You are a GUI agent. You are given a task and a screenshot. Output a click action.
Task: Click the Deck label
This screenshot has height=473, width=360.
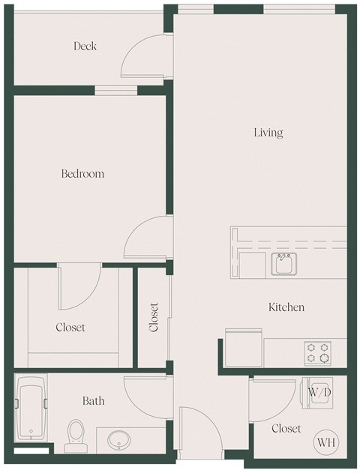[85, 46]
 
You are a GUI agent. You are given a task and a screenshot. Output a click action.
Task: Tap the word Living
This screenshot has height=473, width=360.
[268, 133]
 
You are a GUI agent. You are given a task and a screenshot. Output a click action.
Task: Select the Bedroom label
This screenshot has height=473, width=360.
[82, 174]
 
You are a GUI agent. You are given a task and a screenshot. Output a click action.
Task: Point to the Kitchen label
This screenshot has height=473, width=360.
[286, 307]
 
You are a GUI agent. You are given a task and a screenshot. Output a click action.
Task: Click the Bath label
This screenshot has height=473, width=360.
[94, 401]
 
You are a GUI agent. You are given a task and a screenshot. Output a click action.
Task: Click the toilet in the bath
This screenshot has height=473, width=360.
[76, 433]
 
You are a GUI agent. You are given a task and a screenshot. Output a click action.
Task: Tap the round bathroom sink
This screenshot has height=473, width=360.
[118, 439]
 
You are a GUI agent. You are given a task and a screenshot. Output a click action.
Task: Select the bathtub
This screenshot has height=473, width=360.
[31, 412]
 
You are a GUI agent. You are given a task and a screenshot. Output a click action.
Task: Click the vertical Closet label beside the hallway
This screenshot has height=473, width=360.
[154, 317]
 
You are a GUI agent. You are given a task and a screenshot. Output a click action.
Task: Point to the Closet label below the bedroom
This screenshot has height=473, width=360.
[70, 328]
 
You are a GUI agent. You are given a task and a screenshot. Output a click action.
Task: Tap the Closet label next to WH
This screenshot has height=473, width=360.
[286, 429]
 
